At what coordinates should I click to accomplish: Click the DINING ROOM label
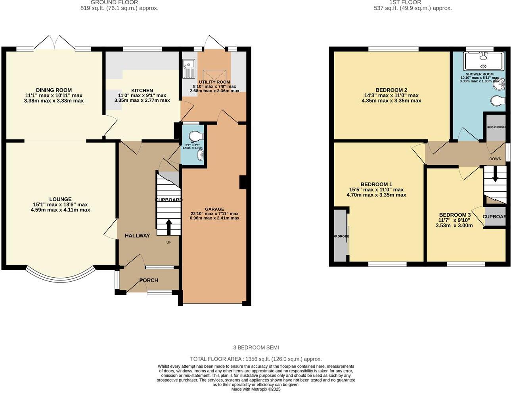(x=54, y=90)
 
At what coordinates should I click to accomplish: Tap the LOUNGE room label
(x=60, y=199)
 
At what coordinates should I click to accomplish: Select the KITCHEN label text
(x=142, y=90)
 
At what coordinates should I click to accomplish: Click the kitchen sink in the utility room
(x=189, y=68)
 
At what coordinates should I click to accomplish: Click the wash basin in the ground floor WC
(x=201, y=155)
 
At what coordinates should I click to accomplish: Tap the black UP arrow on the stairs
(x=168, y=227)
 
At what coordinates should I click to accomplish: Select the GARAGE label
(x=214, y=209)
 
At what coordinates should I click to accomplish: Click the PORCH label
(x=149, y=280)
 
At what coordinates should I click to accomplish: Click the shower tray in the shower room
(x=483, y=61)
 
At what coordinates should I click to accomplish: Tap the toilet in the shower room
(x=498, y=101)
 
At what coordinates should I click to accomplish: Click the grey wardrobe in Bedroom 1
(x=340, y=236)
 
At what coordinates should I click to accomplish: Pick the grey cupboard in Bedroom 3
(x=495, y=217)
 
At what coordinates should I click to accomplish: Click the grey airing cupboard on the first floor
(x=496, y=128)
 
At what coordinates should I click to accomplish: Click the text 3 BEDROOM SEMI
(x=256, y=347)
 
